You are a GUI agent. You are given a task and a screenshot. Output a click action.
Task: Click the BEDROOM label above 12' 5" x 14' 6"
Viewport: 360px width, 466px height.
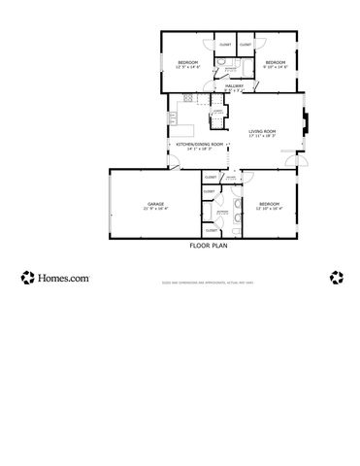[x=187, y=63]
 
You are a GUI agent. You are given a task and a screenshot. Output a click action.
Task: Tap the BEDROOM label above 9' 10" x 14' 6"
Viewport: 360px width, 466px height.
[x=274, y=63]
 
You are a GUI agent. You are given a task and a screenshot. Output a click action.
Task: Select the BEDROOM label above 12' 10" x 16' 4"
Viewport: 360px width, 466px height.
[x=269, y=203]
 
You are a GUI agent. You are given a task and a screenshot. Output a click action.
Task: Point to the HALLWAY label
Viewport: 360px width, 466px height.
[x=234, y=85]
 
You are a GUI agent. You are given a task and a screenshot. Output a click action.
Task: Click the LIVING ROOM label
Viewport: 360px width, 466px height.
[x=262, y=131]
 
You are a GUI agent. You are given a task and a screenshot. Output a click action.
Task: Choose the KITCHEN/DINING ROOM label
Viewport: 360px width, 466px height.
[x=199, y=144]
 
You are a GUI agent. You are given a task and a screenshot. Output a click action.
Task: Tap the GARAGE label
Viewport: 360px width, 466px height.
[x=155, y=203]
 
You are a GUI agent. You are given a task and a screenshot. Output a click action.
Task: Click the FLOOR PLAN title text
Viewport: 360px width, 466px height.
[x=207, y=247]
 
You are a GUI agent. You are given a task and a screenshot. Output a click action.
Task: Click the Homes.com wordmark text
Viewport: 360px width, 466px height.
[x=64, y=278]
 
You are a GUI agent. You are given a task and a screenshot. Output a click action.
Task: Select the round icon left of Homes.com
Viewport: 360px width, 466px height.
[x=27, y=278]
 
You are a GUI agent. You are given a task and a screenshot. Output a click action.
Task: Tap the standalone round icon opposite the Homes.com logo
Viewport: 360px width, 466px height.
[x=337, y=278]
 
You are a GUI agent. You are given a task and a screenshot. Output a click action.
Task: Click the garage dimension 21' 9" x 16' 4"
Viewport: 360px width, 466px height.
[x=155, y=208]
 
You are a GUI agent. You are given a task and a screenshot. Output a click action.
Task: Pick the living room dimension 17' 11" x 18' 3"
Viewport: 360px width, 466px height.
[x=262, y=136]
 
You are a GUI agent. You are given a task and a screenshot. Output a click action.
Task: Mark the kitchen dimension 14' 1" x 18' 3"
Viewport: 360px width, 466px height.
[x=199, y=149]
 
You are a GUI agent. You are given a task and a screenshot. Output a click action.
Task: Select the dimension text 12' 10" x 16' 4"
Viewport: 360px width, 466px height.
[x=269, y=208]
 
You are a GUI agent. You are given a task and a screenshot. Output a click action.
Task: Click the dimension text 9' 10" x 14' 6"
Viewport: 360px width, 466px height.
[x=274, y=68]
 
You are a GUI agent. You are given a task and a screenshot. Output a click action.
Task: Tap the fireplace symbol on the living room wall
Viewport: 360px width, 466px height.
[x=307, y=122]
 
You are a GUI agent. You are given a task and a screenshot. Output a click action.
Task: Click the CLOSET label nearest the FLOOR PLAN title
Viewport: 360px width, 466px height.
[x=211, y=230]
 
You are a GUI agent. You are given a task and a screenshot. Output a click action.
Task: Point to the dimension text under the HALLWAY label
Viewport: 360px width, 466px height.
[x=234, y=90]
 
